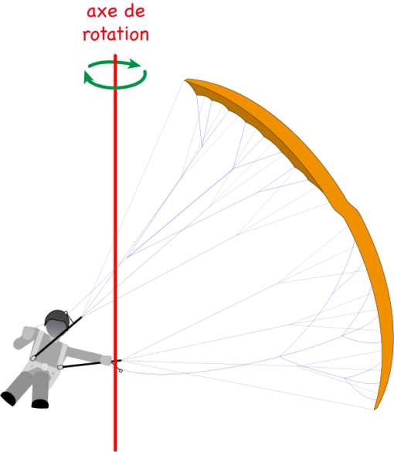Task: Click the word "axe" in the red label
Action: pyautogui.click(x=101, y=12)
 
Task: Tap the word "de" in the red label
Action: pyautogui.click(x=134, y=11)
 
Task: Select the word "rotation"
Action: pyautogui.click(x=116, y=34)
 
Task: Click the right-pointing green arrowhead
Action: pyautogui.click(x=134, y=63)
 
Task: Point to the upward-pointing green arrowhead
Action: pyautogui.click(x=87, y=77)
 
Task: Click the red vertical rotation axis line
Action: pyautogui.click(x=115, y=252)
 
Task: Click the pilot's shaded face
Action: pyautogui.click(x=56, y=328)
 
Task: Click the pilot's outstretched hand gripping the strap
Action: pyautogui.click(x=106, y=361)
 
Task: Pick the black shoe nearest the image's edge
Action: pyautogui.click(x=8, y=398)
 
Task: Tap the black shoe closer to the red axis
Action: pyautogui.click(x=40, y=404)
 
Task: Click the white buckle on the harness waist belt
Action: pyautogui.click(x=45, y=367)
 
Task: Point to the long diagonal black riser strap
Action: pyautogui.click(x=57, y=338)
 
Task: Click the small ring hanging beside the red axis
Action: pyautogui.click(x=121, y=370)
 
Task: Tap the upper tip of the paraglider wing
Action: pyautogui.click(x=185, y=80)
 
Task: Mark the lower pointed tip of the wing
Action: pyautogui.click(x=375, y=409)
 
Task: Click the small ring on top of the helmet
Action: pyautogui.click(x=66, y=313)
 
